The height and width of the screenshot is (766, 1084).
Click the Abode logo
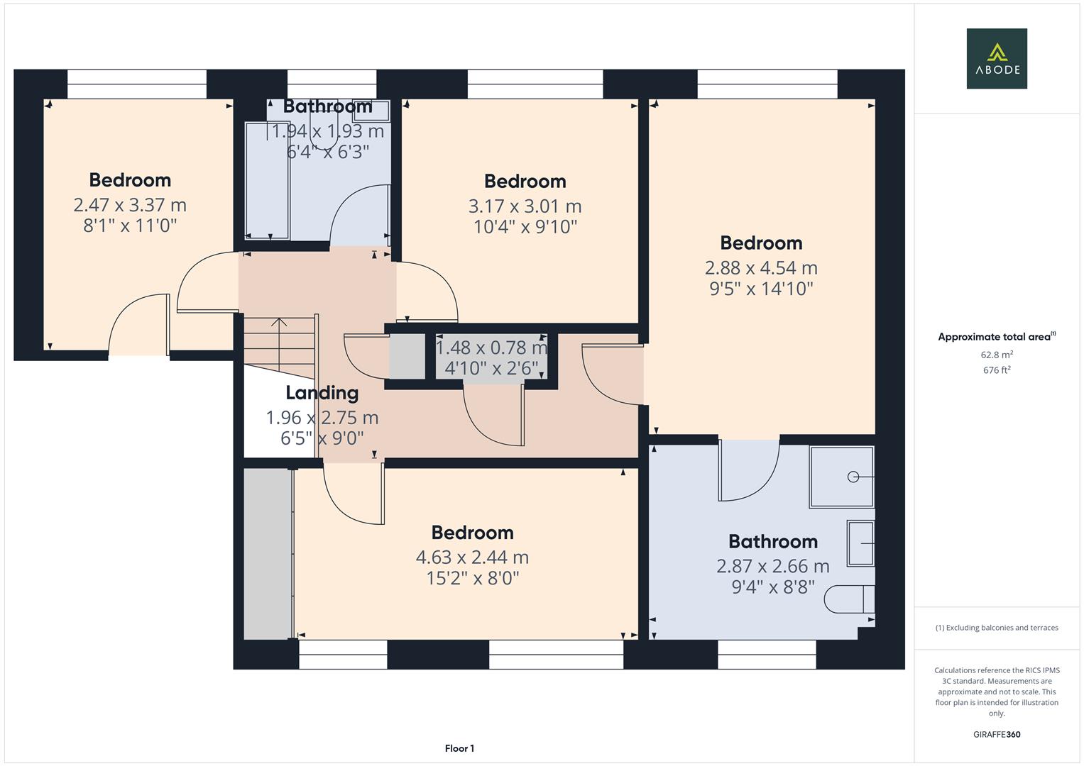coord(997,59)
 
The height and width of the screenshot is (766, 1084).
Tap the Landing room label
coord(322,393)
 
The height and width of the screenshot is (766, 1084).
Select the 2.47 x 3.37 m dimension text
coord(130,206)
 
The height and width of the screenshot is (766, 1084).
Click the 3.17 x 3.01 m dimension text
coord(525,206)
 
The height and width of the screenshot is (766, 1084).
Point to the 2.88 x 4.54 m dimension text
coord(761,268)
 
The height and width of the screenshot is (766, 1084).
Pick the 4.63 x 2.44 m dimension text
coord(472,557)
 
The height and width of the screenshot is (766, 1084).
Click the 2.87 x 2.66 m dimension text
coord(772,567)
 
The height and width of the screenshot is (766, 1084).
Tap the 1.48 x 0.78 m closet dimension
coord(491,348)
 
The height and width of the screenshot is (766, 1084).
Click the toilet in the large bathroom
coord(848,599)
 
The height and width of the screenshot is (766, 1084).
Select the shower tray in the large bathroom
coord(842,477)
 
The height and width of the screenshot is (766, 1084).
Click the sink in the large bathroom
coord(860,543)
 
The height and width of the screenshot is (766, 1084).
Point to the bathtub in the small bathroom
coord(267,181)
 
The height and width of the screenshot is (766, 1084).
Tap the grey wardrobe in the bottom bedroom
coord(268,553)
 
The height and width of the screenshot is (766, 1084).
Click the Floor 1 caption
coord(459,748)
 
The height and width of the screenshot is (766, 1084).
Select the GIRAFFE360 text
coord(997,734)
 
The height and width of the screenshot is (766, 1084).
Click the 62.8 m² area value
coord(997,355)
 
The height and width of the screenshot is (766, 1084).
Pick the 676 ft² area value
coord(997,370)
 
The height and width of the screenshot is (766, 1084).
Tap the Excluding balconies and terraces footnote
coord(997,628)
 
